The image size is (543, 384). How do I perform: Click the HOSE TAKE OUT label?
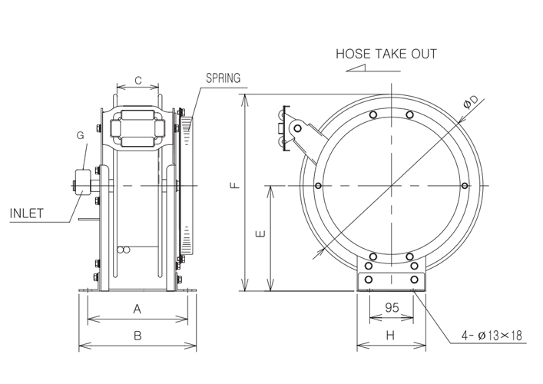(x=386, y=54)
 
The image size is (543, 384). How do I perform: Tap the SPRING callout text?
(x=223, y=78)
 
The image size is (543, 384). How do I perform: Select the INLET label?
(x=27, y=214)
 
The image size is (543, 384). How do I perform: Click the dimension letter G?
(x=80, y=135)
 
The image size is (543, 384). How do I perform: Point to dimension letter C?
(x=137, y=81)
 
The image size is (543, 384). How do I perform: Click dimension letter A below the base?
(x=137, y=309)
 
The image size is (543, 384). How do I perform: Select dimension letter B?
(x=137, y=336)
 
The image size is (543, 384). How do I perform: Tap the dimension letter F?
(x=235, y=186)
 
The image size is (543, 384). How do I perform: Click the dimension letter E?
(x=261, y=233)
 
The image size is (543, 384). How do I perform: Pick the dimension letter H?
(x=390, y=335)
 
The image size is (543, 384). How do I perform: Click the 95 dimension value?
(x=392, y=307)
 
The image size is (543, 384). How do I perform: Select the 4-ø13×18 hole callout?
(x=492, y=335)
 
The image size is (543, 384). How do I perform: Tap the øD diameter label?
(x=471, y=102)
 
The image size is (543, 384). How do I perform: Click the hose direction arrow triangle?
(x=356, y=68)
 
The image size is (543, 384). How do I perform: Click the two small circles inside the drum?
(x=124, y=250)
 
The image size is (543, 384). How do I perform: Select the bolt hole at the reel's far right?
(x=465, y=186)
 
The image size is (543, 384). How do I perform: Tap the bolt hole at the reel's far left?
(x=318, y=186)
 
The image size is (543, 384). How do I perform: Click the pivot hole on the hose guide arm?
(x=297, y=129)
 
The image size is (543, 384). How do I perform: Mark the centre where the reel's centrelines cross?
(x=392, y=186)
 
